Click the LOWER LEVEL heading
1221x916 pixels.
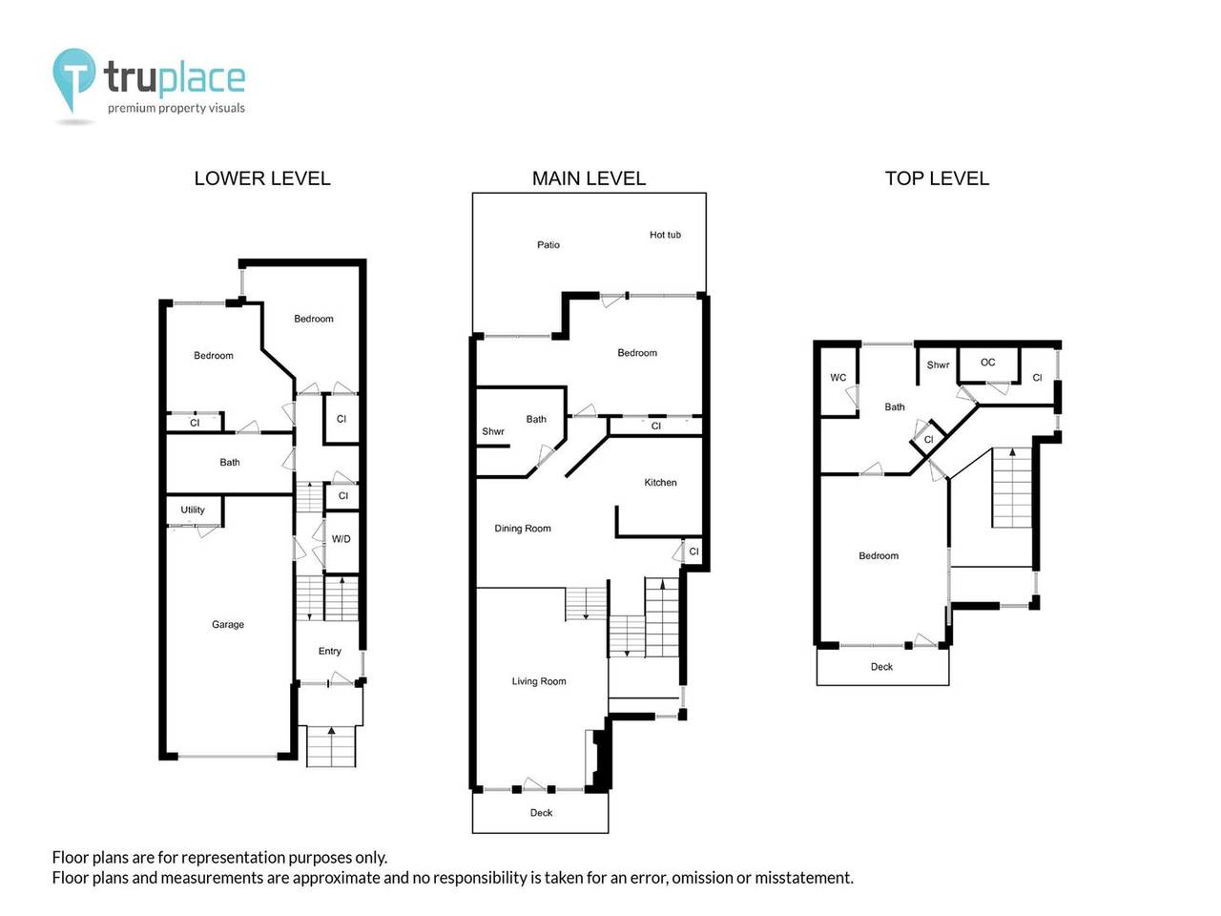[x=262, y=178]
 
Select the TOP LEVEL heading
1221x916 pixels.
[x=937, y=178]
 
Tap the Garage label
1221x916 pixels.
[x=228, y=624]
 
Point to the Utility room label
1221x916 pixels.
[x=193, y=510]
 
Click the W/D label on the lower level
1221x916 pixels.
[x=341, y=539]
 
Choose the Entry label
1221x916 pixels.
[x=329, y=651]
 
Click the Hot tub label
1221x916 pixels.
[x=665, y=235]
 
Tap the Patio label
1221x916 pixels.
[x=548, y=244]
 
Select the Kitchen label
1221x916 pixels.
[x=660, y=482]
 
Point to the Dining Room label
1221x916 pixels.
[x=523, y=529]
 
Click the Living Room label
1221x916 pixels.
[x=538, y=681]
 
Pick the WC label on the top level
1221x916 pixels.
[x=838, y=378]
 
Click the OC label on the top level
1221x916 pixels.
[x=987, y=363]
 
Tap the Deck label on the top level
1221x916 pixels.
[x=881, y=667]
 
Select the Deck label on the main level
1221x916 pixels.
[x=541, y=813]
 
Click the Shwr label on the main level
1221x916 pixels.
[x=493, y=431]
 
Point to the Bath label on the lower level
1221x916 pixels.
[x=229, y=462]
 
